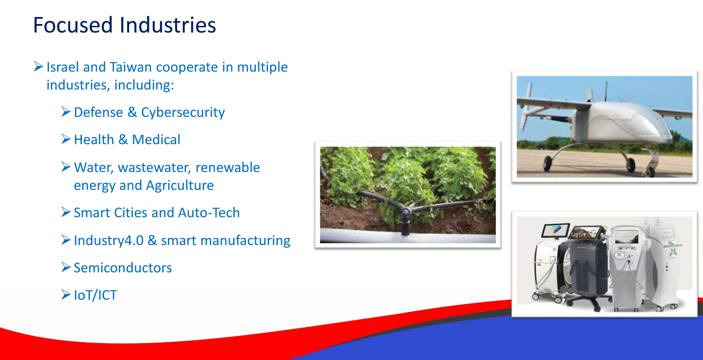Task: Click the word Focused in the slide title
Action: [x=73, y=25]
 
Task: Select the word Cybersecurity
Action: [x=183, y=113]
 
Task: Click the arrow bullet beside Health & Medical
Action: [x=66, y=139]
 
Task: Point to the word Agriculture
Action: [x=180, y=186]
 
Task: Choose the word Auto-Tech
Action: [x=209, y=213]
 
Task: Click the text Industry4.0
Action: [x=108, y=241]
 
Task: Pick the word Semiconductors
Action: [x=123, y=268]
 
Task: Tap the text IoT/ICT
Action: [x=95, y=295]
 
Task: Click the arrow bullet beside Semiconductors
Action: [x=66, y=267]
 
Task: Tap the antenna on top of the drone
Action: [x=606, y=91]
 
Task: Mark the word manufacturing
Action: [x=245, y=241]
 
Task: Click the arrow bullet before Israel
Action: [x=38, y=66]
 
